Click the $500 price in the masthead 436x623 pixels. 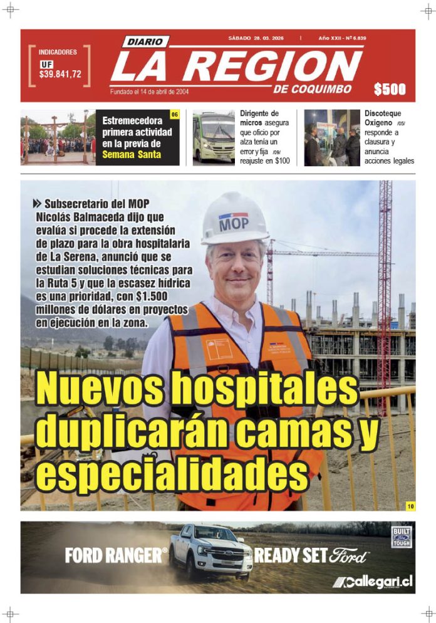390,90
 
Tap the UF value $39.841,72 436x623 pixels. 60,74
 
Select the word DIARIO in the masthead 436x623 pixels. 145,42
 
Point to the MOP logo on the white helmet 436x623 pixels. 234,223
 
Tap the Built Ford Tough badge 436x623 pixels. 400,537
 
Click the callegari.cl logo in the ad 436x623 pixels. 373,582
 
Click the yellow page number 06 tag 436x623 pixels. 175,115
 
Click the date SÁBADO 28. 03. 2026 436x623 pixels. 256,38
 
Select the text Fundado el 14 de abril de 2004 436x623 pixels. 150,92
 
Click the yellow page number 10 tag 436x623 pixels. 410,506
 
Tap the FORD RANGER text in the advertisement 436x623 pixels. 116,555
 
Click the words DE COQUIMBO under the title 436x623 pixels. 312,88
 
